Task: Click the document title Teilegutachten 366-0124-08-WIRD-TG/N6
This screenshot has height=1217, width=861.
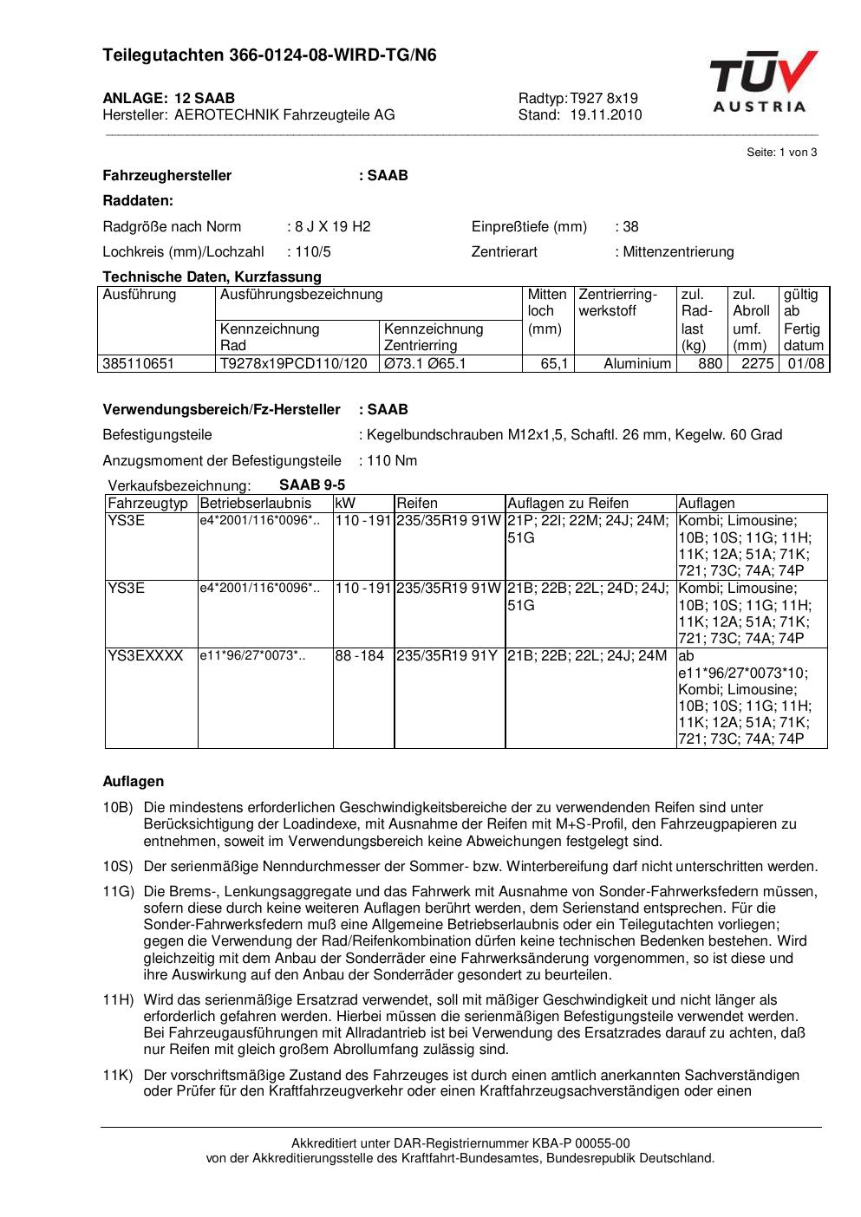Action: pos(270,55)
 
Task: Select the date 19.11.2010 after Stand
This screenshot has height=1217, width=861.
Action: pos(606,114)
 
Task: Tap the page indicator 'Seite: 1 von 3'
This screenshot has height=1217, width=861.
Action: pos(781,153)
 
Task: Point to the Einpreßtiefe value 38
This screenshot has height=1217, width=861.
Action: pos(630,227)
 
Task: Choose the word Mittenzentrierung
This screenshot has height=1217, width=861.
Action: pos(678,252)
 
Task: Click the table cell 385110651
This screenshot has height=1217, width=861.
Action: pos(139,364)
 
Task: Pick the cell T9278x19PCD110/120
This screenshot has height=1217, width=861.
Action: pos(294,364)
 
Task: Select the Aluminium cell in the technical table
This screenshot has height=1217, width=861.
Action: pos(637,364)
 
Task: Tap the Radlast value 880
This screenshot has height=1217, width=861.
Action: pos(710,364)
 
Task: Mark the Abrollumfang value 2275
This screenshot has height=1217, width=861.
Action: pos(757,364)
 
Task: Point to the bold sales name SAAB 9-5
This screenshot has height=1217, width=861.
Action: pos(312,485)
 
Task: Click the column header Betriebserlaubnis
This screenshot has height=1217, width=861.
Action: pos(255,504)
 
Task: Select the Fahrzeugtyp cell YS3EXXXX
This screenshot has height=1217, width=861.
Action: pos(146,656)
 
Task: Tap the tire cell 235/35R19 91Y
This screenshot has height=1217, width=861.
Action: pos(447,656)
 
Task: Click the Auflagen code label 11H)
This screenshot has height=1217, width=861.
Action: pos(118,1000)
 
